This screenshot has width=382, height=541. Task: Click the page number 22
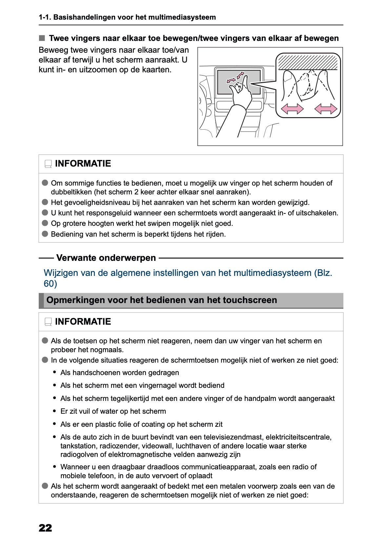click(x=45, y=528)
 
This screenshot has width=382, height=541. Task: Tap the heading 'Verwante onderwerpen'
click(x=106, y=258)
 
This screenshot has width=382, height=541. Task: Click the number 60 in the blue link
click(x=50, y=284)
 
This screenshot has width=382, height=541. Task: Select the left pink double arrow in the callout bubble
click(x=292, y=109)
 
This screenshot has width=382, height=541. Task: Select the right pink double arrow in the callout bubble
click(x=326, y=109)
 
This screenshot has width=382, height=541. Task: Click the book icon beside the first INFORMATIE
click(x=48, y=164)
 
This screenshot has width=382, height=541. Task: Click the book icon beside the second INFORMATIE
click(x=48, y=322)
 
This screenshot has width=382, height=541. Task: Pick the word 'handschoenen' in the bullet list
click(x=93, y=373)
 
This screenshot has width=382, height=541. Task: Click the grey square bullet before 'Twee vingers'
click(x=42, y=38)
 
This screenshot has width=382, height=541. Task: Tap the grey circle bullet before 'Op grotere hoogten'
click(x=45, y=223)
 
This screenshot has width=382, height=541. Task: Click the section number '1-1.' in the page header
click(x=45, y=17)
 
